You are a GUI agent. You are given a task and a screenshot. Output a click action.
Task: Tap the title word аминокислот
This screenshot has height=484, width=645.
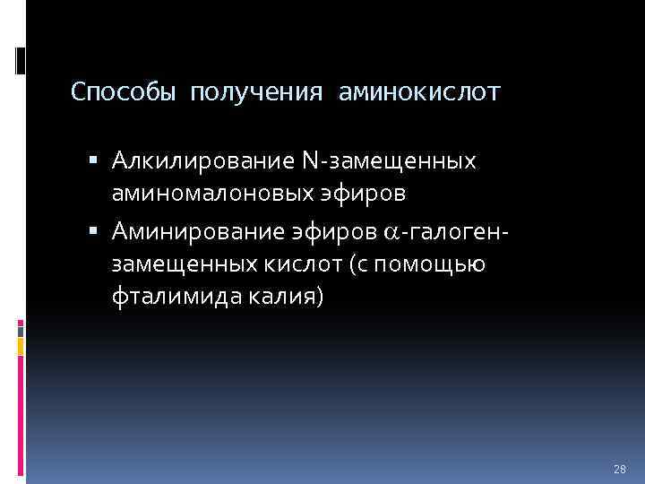click(x=420, y=92)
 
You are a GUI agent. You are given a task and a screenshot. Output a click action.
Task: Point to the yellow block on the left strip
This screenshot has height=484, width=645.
click(x=20, y=345)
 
